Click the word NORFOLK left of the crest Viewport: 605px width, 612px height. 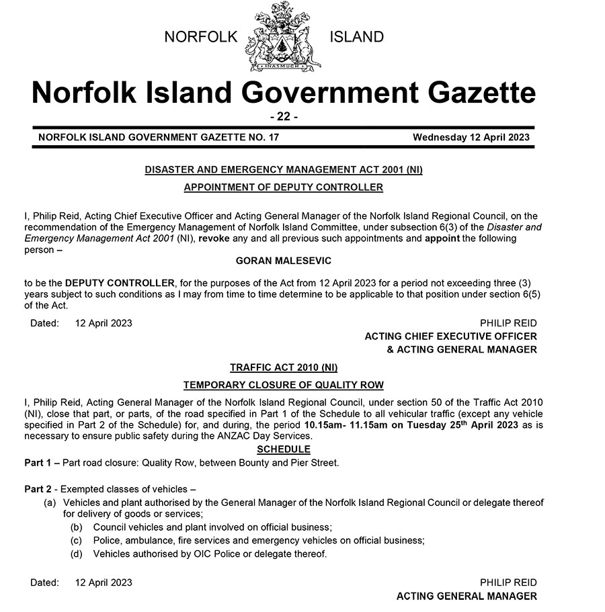tap(201, 37)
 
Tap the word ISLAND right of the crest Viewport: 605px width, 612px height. tap(356, 37)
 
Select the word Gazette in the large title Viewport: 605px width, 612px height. tap(469, 93)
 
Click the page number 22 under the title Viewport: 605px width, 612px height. tap(283, 116)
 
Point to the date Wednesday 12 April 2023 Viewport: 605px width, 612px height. tap(471, 137)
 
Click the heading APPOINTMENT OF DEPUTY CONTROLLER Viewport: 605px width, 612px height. tap(283, 187)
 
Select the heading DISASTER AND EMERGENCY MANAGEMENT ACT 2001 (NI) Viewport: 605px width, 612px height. tap(283, 171)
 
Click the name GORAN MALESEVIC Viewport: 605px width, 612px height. tap(283, 260)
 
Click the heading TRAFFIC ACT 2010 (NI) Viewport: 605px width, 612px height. tap(283, 367)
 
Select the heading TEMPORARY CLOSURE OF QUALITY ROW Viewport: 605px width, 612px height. tap(283, 385)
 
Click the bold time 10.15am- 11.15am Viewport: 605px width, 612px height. tap(342, 425)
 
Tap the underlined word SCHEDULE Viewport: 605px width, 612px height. tap(283, 449)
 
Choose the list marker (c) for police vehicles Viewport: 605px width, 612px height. tap(77, 541)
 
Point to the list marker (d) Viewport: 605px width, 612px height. tap(77, 554)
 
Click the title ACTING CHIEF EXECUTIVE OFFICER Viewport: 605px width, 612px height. tap(450, 336)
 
